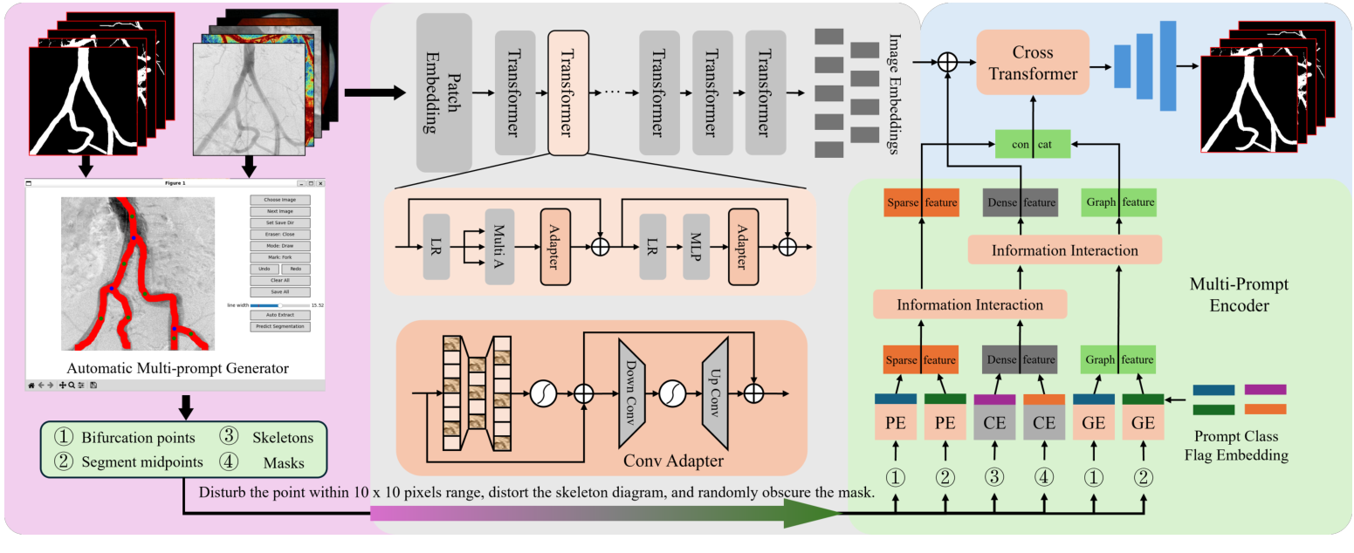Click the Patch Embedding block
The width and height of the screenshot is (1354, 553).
443,92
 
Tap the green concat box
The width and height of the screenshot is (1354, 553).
1033,143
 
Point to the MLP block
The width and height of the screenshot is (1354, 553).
697,246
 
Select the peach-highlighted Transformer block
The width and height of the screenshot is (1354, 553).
568,92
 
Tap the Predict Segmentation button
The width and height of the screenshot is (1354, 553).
279,326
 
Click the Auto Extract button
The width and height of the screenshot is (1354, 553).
279,315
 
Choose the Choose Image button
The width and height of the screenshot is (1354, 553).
279,200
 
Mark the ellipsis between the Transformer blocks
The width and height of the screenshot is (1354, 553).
612,92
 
